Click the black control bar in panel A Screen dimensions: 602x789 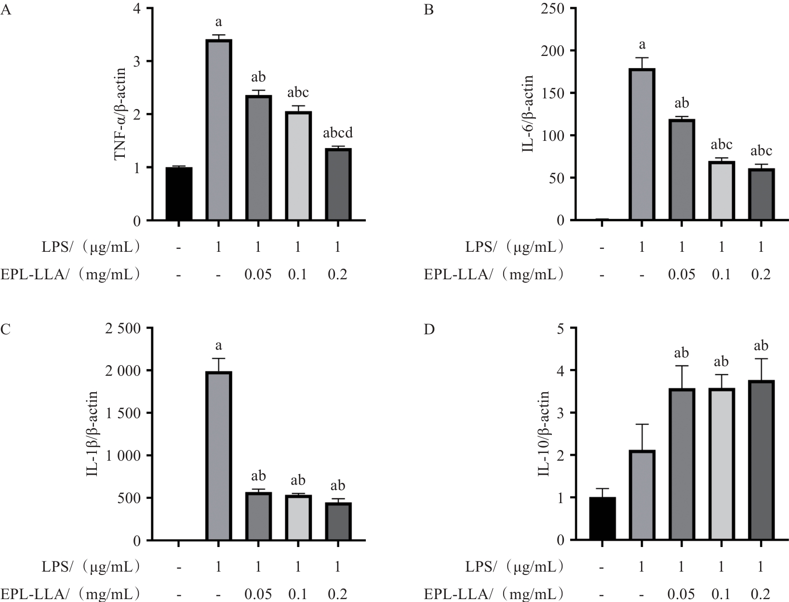179,194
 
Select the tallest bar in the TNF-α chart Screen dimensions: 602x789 219,130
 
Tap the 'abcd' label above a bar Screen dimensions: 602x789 337,133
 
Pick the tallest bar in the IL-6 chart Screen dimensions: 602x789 642,145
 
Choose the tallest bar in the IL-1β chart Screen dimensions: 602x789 219,456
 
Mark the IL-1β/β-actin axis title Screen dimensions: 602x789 92,434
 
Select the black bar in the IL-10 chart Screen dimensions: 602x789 602,519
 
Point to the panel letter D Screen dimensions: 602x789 429,329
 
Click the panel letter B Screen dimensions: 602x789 428,10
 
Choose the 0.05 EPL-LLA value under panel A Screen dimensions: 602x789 258,274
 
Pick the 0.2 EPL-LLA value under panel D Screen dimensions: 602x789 761,594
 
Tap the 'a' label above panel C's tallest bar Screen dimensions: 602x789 219,345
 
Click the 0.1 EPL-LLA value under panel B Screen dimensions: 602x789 721,274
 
